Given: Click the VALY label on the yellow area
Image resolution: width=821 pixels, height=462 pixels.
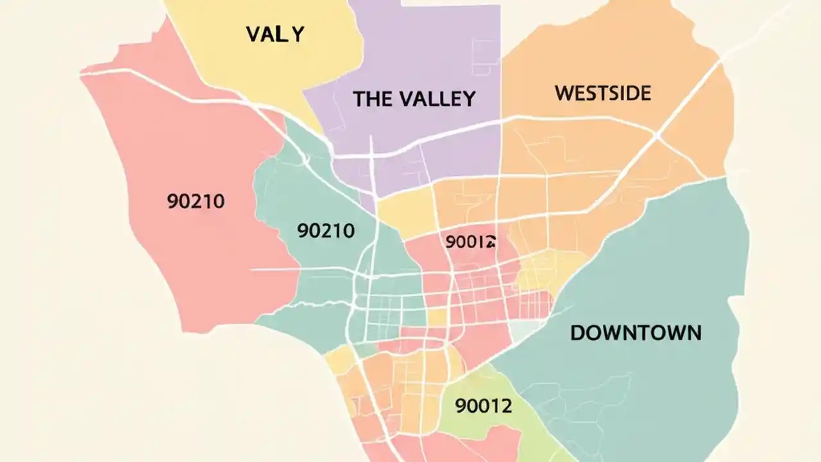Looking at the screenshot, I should tap(275, 34).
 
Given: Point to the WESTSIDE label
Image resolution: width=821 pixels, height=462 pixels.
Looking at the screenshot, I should tap(602, 94).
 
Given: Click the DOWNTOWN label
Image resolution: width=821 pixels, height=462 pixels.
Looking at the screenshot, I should tap(635, 333).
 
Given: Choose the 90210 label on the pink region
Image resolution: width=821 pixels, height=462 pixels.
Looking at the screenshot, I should tap(196, 201).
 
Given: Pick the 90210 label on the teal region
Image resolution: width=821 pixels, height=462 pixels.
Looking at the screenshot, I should tap(326, 230).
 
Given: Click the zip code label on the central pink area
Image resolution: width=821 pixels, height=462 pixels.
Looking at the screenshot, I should tap(471, 242).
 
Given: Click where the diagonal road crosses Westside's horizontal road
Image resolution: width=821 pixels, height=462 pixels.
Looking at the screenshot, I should tap(655, 135).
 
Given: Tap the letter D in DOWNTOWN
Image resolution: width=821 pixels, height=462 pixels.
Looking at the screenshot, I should tap(577, 333).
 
